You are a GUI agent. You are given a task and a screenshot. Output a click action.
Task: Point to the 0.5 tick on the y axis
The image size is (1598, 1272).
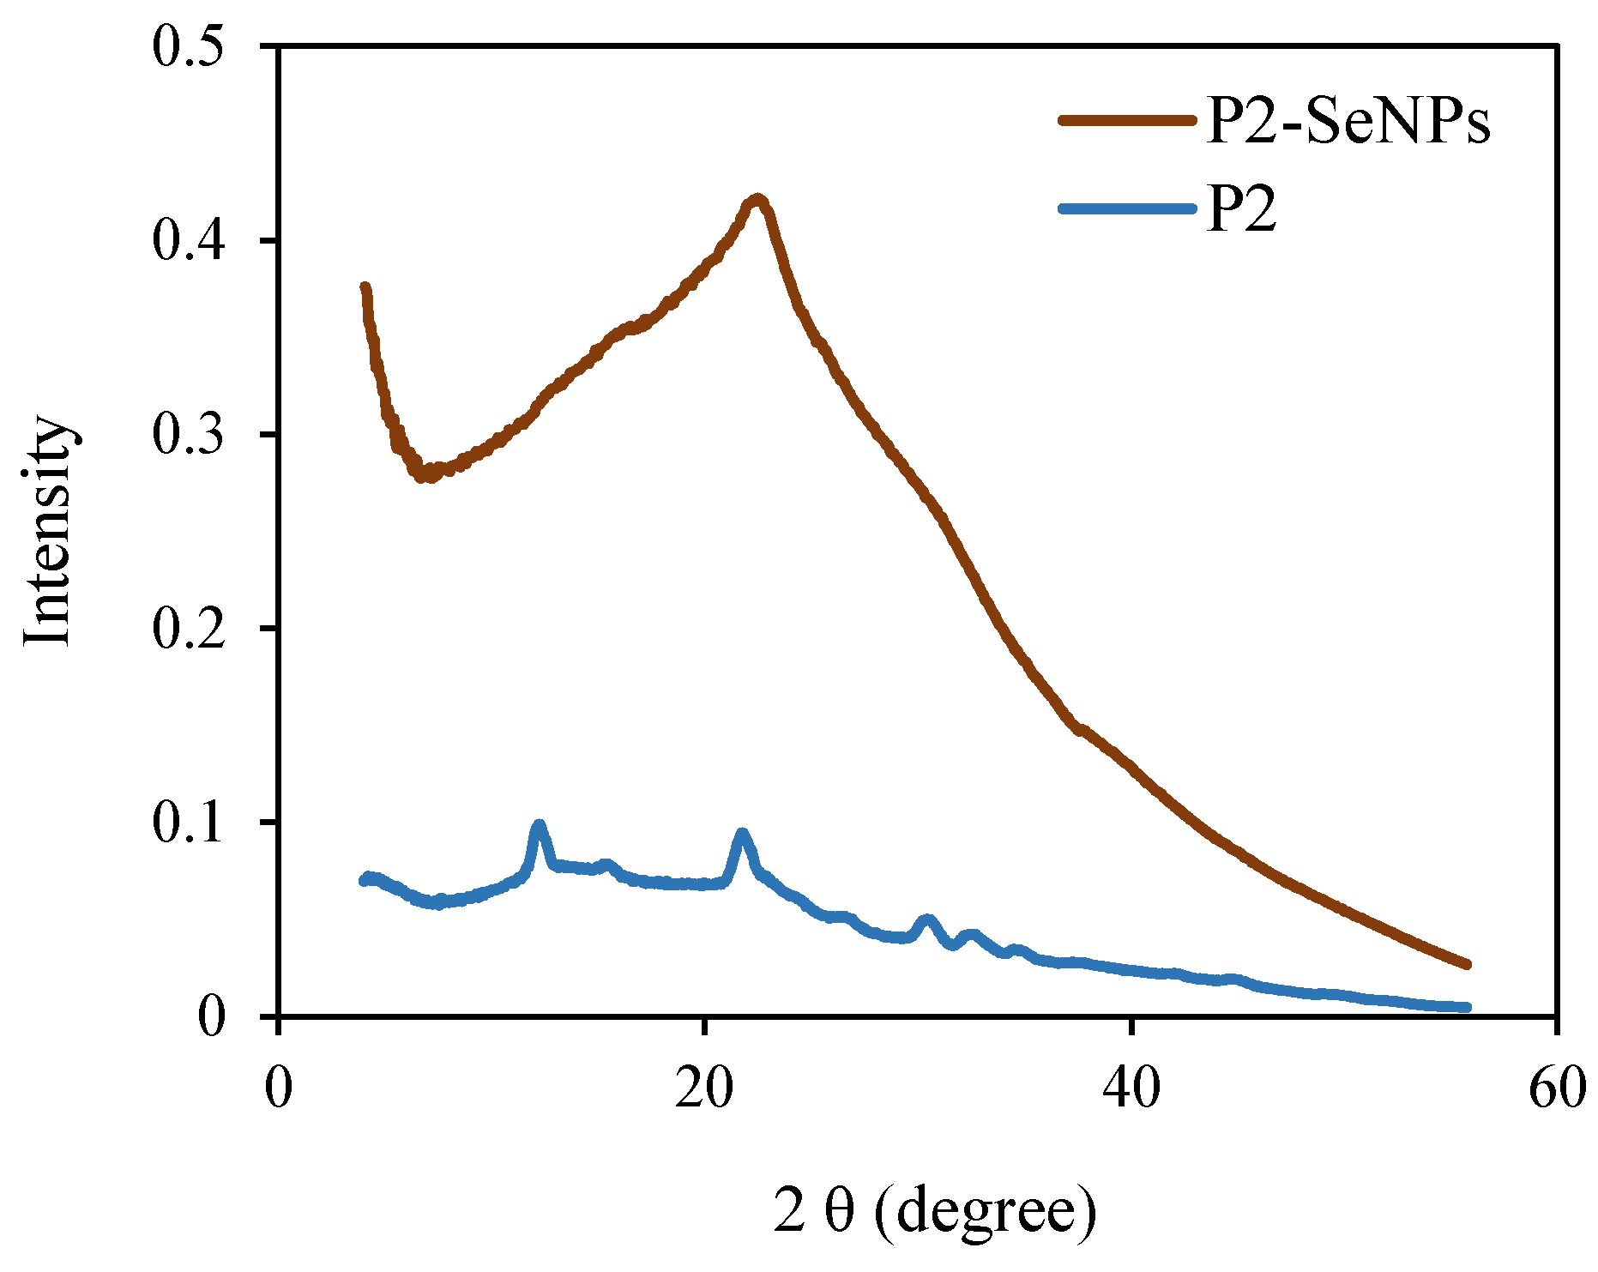[x=188, y=46]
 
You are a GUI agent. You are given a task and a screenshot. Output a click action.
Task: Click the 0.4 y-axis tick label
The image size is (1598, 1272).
[x=188, y=240]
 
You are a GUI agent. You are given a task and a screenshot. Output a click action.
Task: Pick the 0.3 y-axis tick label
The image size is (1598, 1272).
[x=188, y=434]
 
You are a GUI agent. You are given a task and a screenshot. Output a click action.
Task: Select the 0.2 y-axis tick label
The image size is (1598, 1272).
[x=188, y=628]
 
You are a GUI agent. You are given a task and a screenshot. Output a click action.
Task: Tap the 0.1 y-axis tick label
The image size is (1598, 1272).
[x=188, y=822]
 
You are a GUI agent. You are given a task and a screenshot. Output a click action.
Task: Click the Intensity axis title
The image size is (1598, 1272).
[x=47, y=532]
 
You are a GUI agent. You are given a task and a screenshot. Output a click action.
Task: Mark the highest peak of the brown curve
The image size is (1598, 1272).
[x=757, y=200]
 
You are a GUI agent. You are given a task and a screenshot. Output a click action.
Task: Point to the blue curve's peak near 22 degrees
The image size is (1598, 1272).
[x=742, y=834]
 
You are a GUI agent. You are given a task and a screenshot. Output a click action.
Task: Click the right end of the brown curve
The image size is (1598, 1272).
[x=1467, y=965]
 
